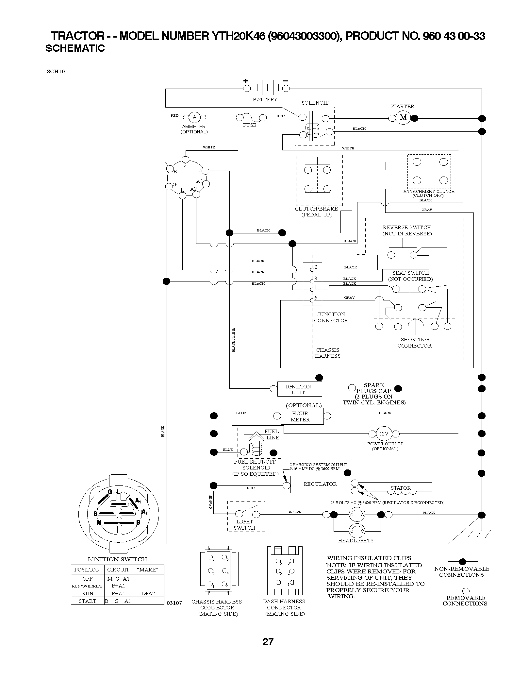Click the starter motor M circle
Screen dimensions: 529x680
pyautogui.click(x=403, y=117)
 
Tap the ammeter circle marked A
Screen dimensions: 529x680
pyautogui.click(x=194, y=117)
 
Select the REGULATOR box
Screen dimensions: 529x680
pyautogui.click(x=320, y=484)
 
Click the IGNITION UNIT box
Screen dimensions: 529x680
pyautogui.click(x=299, y=389)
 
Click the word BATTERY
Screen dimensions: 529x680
pyautogui.click(x=265, y=99)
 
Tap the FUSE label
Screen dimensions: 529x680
pyautogui.click(x=250, y=125)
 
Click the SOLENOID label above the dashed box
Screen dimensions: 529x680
pyautogui.click(x=315, y=103)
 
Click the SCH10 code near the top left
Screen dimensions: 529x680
pyautogui.click(x=56, y=72)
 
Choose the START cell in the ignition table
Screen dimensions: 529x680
pyautogui.click(x=87, y=601)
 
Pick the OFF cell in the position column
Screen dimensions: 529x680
pyautogui.click(x=87, y=578)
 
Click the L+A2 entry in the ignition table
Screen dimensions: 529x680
pyautogui.click(x=148, y=593)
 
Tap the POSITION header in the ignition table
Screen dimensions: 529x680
pyautogui.click(x=87, y=569)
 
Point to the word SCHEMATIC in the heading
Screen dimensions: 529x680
pyautogui.click(x=75, y=48)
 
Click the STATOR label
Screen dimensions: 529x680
pyautogui.click(x=401, y=488)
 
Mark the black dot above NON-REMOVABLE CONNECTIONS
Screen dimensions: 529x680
pyautogui.click(x=462, y=562)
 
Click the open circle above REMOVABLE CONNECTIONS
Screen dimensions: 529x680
pyautogui.click(x=466, y=591)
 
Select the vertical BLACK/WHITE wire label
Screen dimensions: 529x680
pyautogui.click(x=233, y=340)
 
